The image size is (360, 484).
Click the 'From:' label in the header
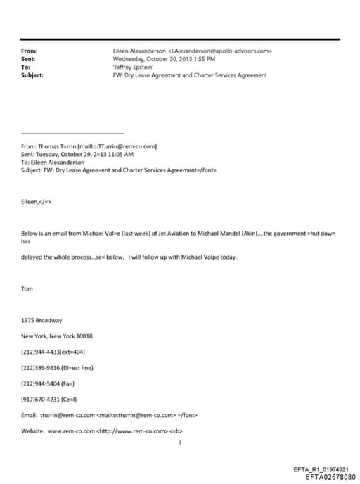click(x=29, y=51)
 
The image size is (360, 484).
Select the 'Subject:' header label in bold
click(x=32, y=75)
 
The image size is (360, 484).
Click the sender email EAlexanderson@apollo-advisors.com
click(x=221, y=51)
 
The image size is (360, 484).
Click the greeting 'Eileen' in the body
click(x=32, y=200)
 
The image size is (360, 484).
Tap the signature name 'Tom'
click(x=27, y=288)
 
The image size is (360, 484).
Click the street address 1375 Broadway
click(x=41, y=320)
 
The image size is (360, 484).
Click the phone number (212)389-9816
click(x=39, y=367)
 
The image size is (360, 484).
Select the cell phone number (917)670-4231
click(x=39, y=399)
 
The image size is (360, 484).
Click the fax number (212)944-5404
click(x=39, y=383)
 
